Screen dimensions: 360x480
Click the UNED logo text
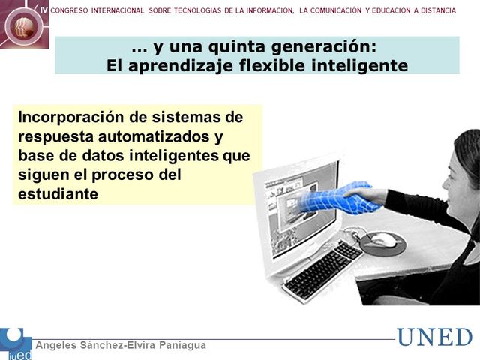tap(434, 337)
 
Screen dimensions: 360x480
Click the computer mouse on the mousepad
tap(382, 241)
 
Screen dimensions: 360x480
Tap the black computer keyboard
tap(322, 269)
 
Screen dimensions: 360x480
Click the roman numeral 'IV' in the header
tap(43, 10)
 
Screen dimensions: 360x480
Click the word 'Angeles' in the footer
tap(58, 345)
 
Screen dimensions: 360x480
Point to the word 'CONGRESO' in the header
tap(73, 10)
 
